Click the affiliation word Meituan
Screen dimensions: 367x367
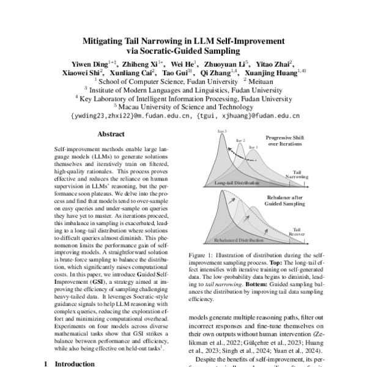pyautogui.click(x=261, y=80)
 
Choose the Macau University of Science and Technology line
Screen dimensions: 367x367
pyautogui.click(x=183, y=106)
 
